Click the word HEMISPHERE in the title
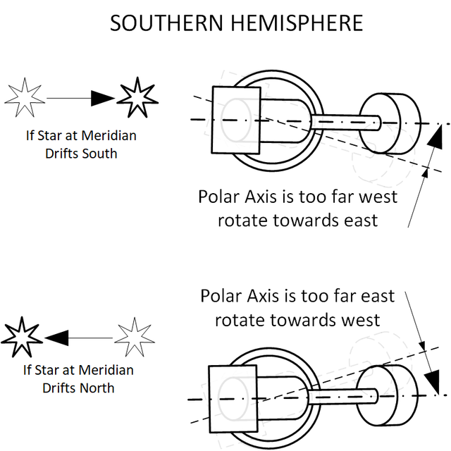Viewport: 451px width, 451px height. pyautogui.click(x=301, y=23)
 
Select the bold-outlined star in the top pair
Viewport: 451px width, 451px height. pyautogui.click(x=136, y=98)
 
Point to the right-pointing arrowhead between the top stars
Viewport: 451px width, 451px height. pyautogui.click(x=102, y=99)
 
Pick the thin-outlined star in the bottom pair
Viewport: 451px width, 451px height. pyautogui.click(x=133, y=338)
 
